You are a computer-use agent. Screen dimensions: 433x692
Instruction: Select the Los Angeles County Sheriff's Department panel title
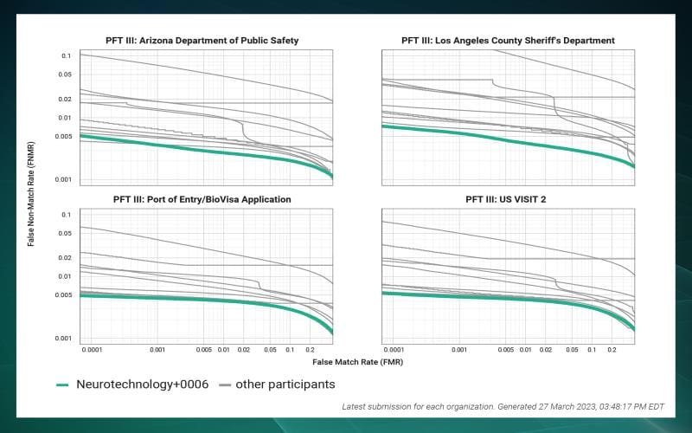508,40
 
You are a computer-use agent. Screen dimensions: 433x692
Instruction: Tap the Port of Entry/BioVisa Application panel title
202,199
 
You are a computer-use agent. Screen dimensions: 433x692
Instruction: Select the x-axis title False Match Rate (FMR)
357,361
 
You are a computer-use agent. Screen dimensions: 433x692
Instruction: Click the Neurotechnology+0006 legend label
142,384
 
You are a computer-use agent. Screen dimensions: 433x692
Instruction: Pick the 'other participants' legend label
288,384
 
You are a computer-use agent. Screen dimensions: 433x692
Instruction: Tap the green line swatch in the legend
62,385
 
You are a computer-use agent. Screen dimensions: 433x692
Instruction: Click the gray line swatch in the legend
225,385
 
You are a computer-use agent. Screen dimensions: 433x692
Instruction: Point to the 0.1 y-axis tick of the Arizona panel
66,55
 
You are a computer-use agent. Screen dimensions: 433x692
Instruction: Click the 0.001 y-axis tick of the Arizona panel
61,180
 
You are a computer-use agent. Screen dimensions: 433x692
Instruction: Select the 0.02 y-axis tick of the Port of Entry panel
63,257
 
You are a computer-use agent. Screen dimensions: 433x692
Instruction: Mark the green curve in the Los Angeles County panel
508,141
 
